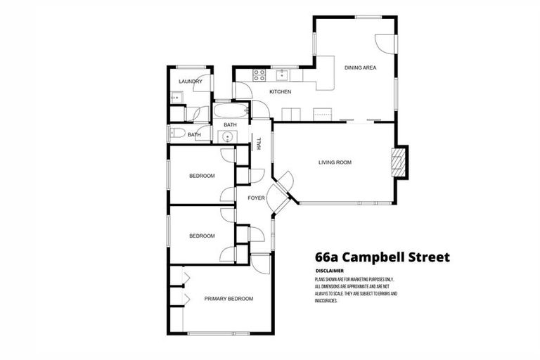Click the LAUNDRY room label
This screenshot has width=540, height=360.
[191, 82]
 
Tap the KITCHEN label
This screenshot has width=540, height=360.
[281, 92]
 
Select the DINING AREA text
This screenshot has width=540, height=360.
[361, 67]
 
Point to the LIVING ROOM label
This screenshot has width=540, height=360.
[335, 162]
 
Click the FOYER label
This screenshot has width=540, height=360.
[256, 198]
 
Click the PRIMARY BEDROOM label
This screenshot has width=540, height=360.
[229, 299]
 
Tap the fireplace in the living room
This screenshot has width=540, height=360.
[399, 162]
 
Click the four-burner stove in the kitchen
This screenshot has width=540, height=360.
[258, 72]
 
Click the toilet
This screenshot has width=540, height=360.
[176, 134]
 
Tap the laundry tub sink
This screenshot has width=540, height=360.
[175, 98]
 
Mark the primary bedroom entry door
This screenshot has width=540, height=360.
[261, 264]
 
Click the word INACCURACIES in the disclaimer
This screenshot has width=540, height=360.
[327, 301]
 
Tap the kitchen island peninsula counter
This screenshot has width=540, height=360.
[325, 82]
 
